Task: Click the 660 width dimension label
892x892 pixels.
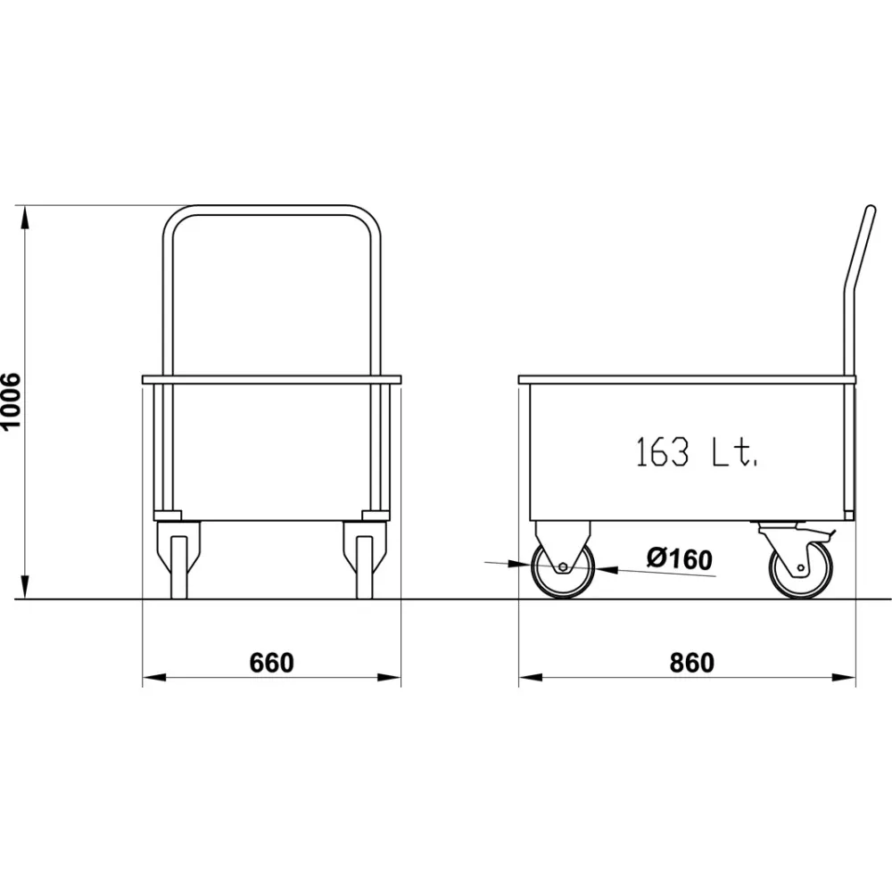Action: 271,663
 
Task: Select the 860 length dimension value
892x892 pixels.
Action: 691,663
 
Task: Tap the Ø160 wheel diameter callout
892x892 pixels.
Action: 680,559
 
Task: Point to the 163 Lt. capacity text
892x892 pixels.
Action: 697,452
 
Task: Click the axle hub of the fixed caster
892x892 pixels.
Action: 563,568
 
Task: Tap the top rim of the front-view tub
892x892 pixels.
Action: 271,379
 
